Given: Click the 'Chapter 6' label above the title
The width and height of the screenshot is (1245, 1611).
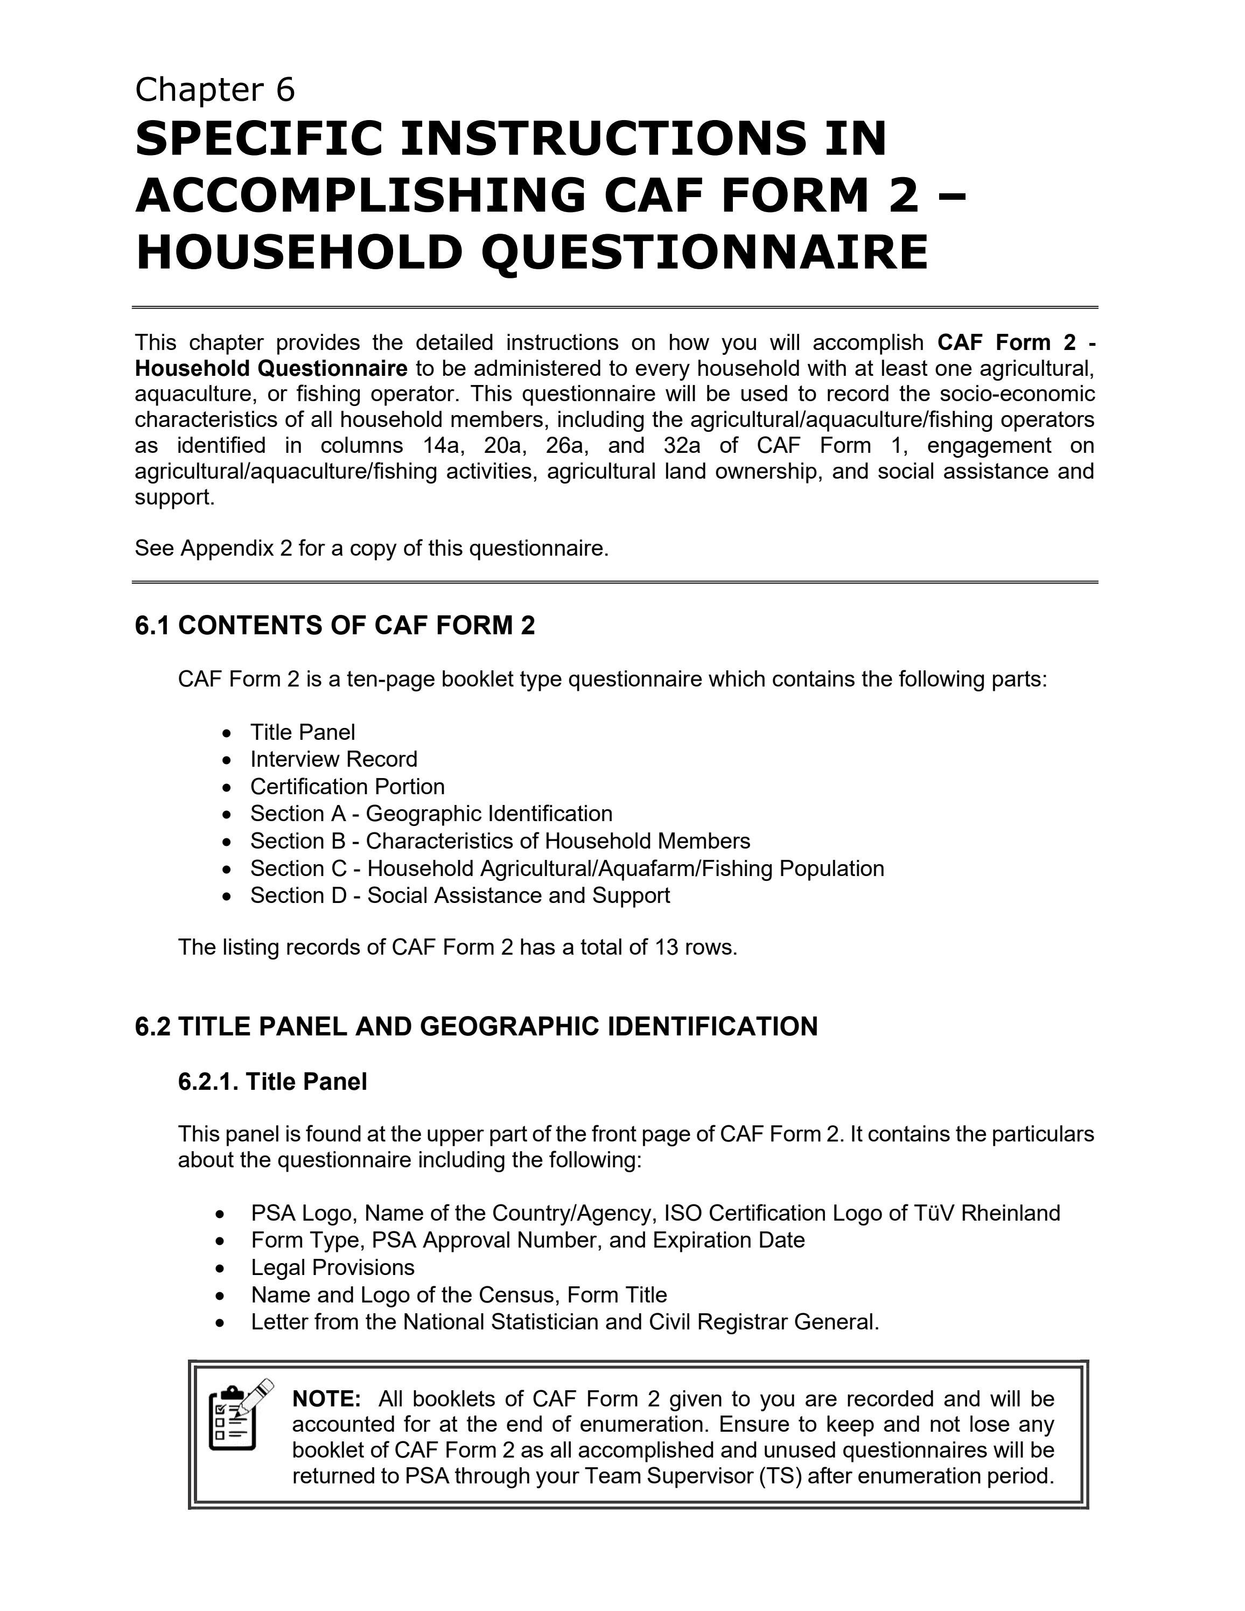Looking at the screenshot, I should pyautogui.click(x=215, y=90).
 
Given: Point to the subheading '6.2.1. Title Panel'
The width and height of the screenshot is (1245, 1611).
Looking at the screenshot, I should pyautogui.click(x=272, y=1082).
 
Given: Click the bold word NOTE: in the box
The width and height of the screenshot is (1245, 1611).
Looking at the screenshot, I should pyautogui.click(x=326, y=1398).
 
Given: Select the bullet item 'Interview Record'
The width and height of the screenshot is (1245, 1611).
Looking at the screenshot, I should pyautogui.click(x=333, y=759).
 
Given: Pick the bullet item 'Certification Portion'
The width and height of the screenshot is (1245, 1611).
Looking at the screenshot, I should pyautogui.click(x=347, y=786).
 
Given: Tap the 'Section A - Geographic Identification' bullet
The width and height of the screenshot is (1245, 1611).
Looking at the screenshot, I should pyautogui.click(x=431, y=814).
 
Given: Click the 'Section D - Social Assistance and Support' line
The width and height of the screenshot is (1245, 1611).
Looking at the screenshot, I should pyautogui.click(x=459, y=895).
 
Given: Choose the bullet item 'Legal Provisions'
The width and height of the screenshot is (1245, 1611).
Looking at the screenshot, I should pyautogui.click(x=333, y=1267).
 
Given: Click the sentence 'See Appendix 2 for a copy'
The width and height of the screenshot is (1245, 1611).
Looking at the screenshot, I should pyautogui.click(x=371, y=549).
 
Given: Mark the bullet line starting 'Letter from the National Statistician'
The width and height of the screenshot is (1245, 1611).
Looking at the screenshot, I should pyautogui.click(x=564, y=1322).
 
